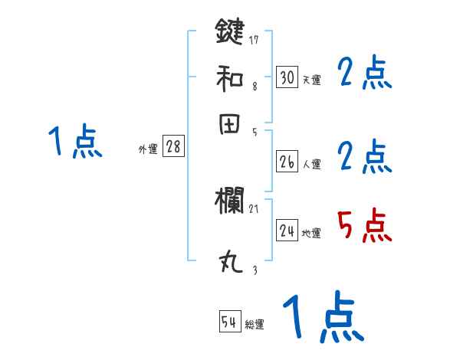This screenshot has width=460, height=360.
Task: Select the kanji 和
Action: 229,78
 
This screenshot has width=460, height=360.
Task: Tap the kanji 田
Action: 229,125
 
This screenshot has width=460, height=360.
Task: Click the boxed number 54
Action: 229,322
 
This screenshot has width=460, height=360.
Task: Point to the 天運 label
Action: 312,80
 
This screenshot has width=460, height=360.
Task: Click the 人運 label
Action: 312,164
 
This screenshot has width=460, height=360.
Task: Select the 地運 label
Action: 312,233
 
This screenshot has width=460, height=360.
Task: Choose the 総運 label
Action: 255,325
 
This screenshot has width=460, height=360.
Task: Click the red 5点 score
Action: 365,227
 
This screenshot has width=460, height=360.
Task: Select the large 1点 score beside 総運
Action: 322,318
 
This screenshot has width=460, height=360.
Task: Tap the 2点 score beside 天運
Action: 365,74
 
